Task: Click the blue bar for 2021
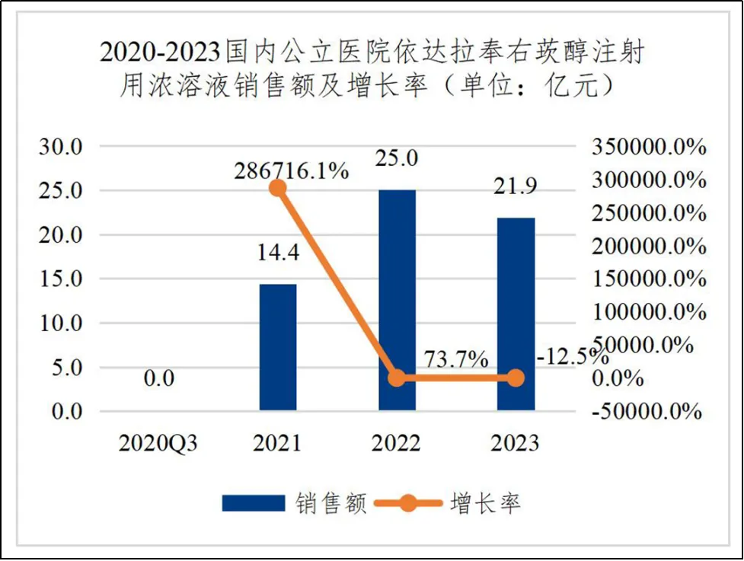coord(278,347)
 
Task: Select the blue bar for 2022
coord(397,300)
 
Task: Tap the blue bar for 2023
coord(516,314)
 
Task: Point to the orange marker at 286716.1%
coord(278,188)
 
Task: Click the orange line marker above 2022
coord(397,378)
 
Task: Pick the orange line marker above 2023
coord(516,378)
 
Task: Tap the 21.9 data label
coord(516,188)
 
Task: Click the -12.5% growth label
coord(571,356)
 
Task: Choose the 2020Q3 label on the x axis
coord(158,443)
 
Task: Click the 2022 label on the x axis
coord(397,443)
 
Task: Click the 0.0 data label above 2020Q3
coord(158,378)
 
